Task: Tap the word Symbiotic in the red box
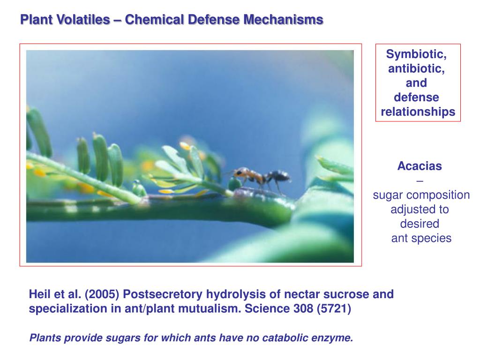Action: pyautogui.click(x=416, y=54)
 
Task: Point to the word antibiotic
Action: pyautogui.click(x=416, y=69)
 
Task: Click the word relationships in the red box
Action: pyautogui.click(x=418, y=112)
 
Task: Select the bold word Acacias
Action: pyautogui.click(x=420, y=166)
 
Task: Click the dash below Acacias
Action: pyautogui.click(x=420, y=180)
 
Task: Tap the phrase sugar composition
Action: pyautogui.click(x=421, y=195)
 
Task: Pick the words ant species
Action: pyautogui.click(x=421, y=238)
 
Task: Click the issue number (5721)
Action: pyautogui.click(x=334, y=309)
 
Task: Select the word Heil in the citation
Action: pyautogui.click(x=39, y=294)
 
